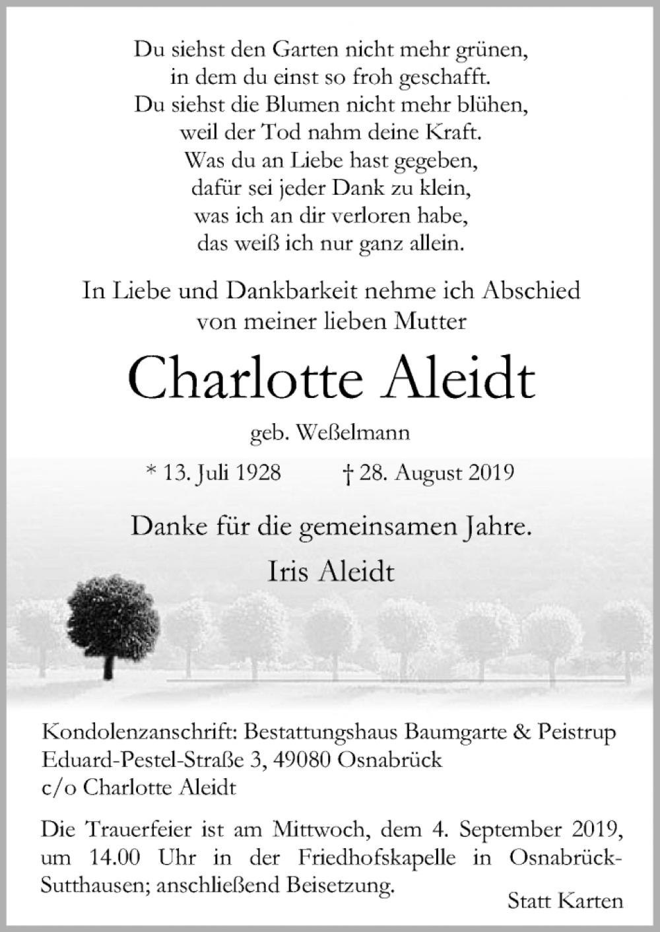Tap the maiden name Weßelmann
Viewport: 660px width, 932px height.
(x=353, y=433)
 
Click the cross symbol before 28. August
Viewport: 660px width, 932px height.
(x=347, y=473)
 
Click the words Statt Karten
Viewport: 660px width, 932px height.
(x=566, y=900)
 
